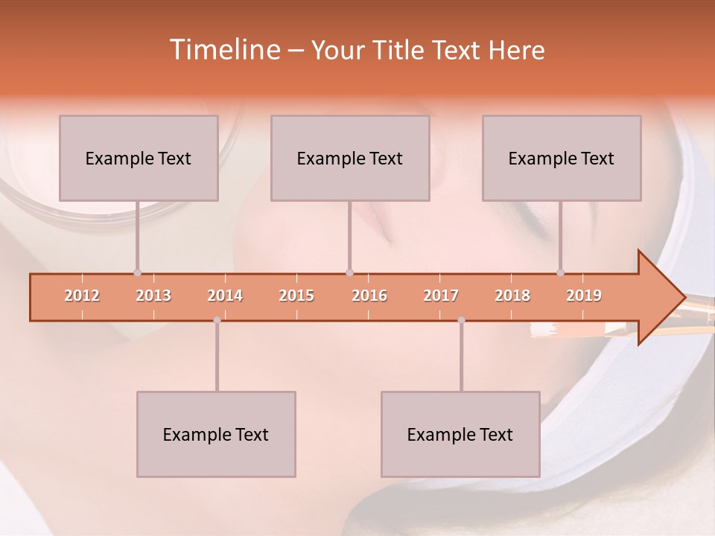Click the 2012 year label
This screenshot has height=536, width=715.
click(82, 296)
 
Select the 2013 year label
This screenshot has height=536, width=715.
click(153, 296)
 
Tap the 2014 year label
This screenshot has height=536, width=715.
click(225, 296)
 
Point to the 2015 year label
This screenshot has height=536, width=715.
click(296, 296)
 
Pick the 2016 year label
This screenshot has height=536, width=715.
click(369, 296)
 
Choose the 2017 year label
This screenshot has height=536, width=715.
click(441, 296)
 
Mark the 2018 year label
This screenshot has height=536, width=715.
click(512, 296)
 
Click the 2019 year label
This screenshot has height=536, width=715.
click(584, 296)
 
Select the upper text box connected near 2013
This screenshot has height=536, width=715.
click(139, 158)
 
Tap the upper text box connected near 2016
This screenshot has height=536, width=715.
click(350, 158)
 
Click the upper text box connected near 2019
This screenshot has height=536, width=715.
click(562, 158)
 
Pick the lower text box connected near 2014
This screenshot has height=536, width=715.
click(216, 434)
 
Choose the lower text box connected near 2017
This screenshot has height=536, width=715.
click(460, 434)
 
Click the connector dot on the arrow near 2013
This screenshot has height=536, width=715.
click(137, 272)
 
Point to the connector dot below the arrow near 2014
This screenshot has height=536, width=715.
click(217, 319)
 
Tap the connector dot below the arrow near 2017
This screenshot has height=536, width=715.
click(461, 319)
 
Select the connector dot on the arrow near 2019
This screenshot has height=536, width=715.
click(560, 272)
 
